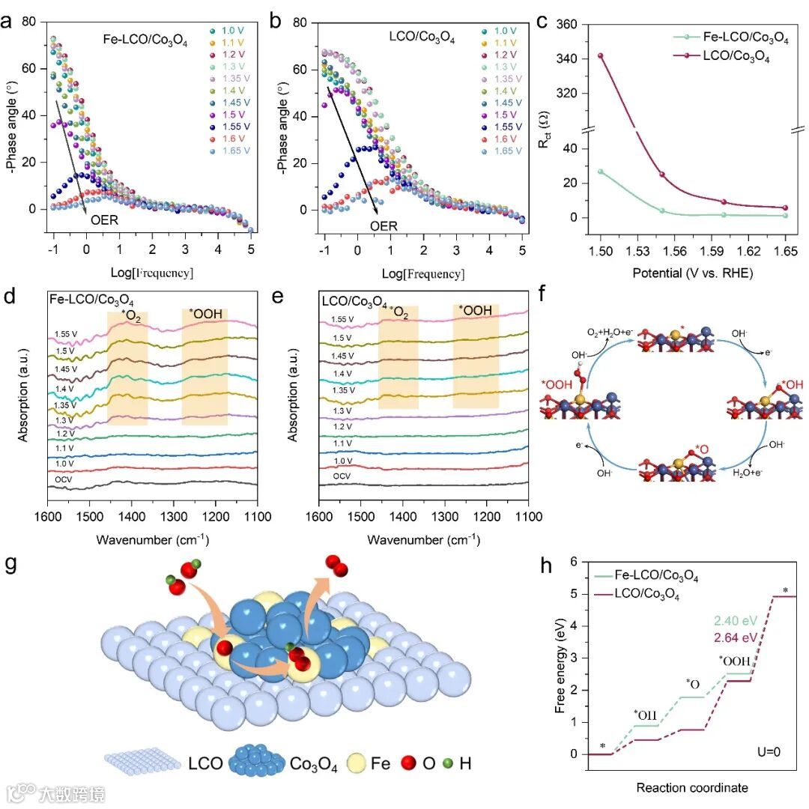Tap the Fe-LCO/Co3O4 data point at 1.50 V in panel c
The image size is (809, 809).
(600, 172)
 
